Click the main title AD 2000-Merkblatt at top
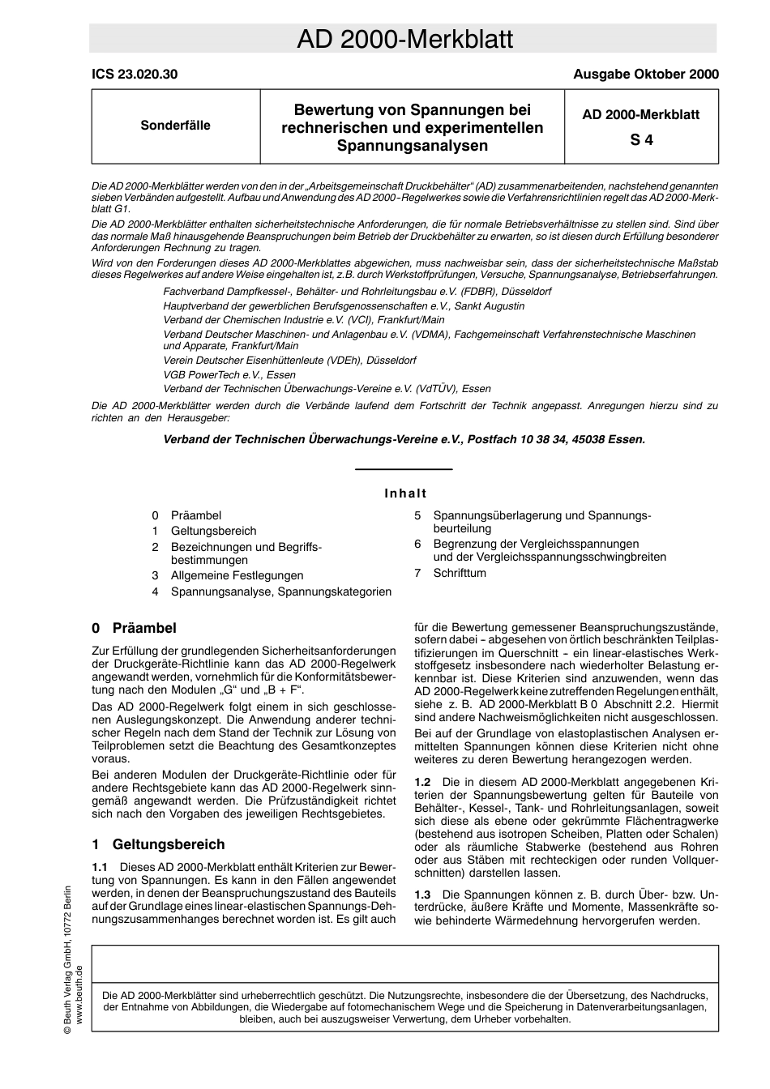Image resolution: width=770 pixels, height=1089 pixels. (404, 39)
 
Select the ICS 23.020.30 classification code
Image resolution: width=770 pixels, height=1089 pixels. (135, 74)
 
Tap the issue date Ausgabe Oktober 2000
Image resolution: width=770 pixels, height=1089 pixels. (645, 74)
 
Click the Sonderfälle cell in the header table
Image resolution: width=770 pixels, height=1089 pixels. (175, 126)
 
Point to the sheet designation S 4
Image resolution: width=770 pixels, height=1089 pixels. (641, 139)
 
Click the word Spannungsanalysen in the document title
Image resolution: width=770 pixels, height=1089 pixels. (413, 146)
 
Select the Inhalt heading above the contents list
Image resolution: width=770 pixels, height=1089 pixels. (404, 493)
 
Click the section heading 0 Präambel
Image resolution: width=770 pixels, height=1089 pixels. (135, 628)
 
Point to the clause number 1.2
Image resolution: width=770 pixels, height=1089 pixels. (422, 782)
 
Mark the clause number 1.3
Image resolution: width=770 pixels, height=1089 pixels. (422, 895)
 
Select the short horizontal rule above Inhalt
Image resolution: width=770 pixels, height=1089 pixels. (404, 469)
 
